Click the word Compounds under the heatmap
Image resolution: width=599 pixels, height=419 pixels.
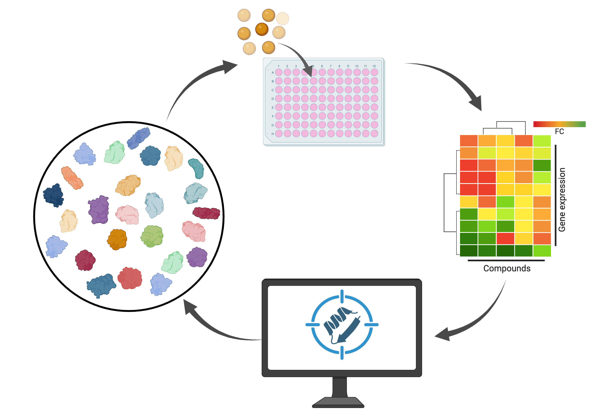click(507, 268)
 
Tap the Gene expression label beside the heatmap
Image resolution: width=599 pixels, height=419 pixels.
click(562, 200)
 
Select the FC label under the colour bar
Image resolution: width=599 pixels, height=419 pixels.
click(559, 131)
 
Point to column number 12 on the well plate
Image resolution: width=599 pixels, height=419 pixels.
click(374, 66)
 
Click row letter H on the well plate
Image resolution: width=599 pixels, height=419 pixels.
click(273, 134)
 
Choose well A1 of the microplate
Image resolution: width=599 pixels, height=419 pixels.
click(279, 72)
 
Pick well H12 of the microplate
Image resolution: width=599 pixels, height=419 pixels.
click(374, 133)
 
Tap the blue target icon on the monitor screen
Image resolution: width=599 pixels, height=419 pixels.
click(342, 325)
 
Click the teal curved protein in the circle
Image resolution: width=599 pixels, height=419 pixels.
click(196, 168)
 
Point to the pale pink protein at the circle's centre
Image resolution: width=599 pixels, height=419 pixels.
click(127, 214)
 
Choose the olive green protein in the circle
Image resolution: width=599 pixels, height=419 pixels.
click(152, 236)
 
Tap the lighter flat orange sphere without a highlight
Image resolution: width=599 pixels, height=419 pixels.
click(282, 19)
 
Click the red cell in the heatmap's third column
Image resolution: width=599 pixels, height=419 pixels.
click(505, 238)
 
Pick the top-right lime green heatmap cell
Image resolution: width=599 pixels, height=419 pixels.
click(542, 141)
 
